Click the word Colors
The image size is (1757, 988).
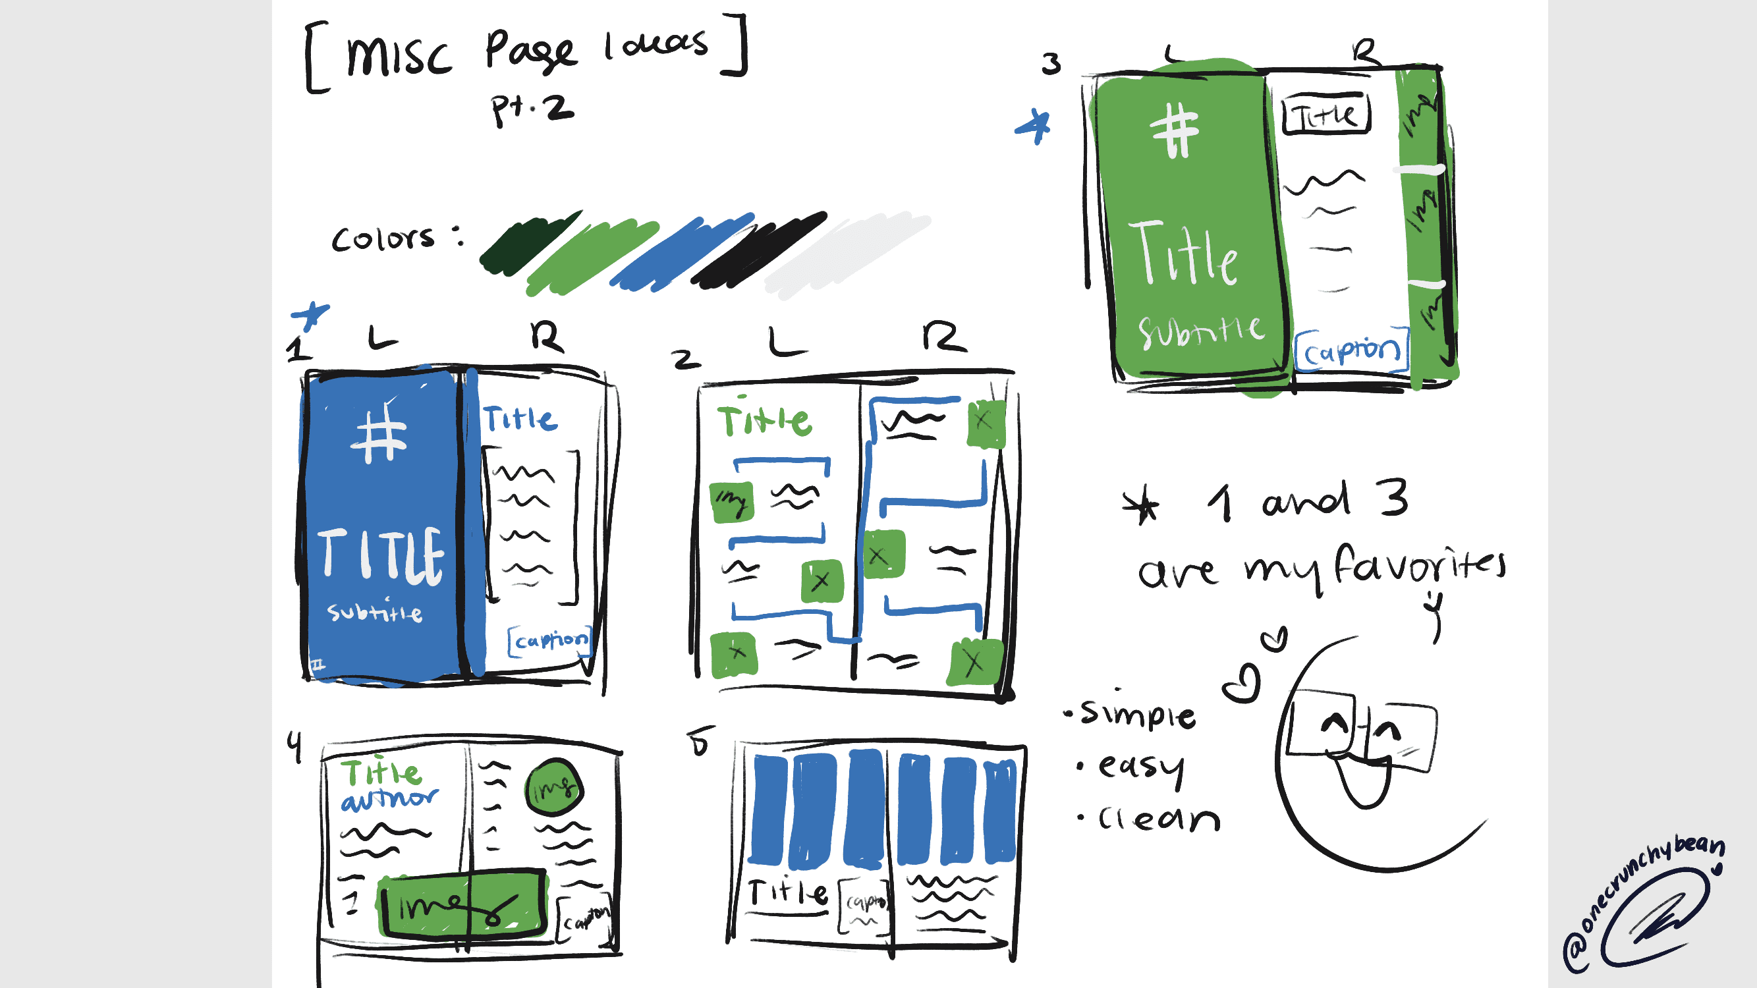pyautogui.click(x=383, y=238)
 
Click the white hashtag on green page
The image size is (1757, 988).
pyautogui.click(x=1175, y=130)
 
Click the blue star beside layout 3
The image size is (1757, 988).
pyautogui.click(x=1035, y=126)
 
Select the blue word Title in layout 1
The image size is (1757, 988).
pyautogui.click(x=520, y=418)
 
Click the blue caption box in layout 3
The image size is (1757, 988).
pyautogui.click(x=1351, y=350)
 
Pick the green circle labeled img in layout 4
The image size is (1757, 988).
pyautogui.click(x=555, y=788)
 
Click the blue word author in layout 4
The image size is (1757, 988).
pyautogui.click(x=389, y=798)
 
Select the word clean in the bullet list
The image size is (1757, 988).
pyautogui.click(x=1158, y=818)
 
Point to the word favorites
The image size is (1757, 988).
pyautogui.click(x=1418, y=566)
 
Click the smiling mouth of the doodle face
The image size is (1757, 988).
pyautogui.click(x=1364, y=784)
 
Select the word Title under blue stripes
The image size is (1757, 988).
pyautogui.click(x=788, y=892)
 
